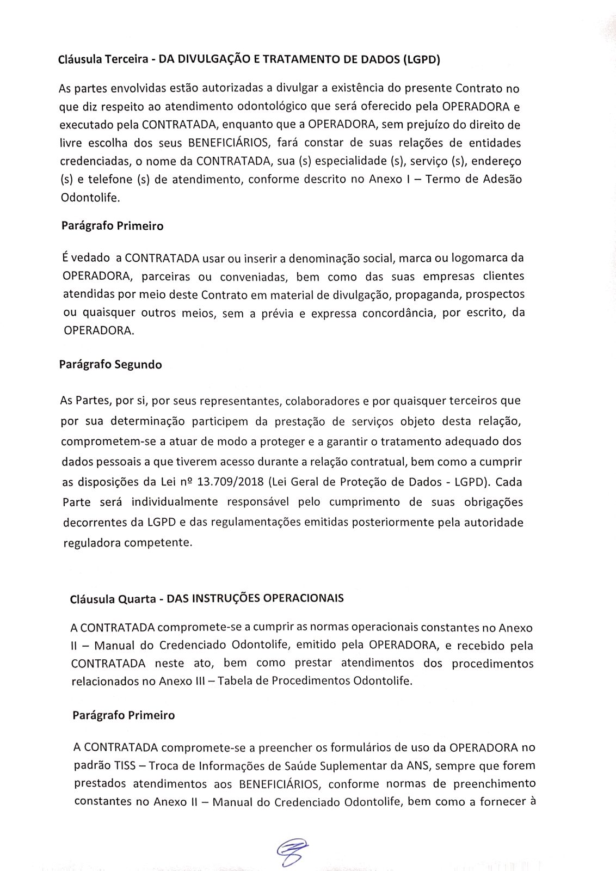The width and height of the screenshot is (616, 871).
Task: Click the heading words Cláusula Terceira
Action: [103, 60]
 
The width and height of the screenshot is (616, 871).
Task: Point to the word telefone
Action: [104, 180]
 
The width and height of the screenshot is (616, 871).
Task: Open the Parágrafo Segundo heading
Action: [110, 365]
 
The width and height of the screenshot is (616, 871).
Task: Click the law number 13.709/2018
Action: [232, 482]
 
